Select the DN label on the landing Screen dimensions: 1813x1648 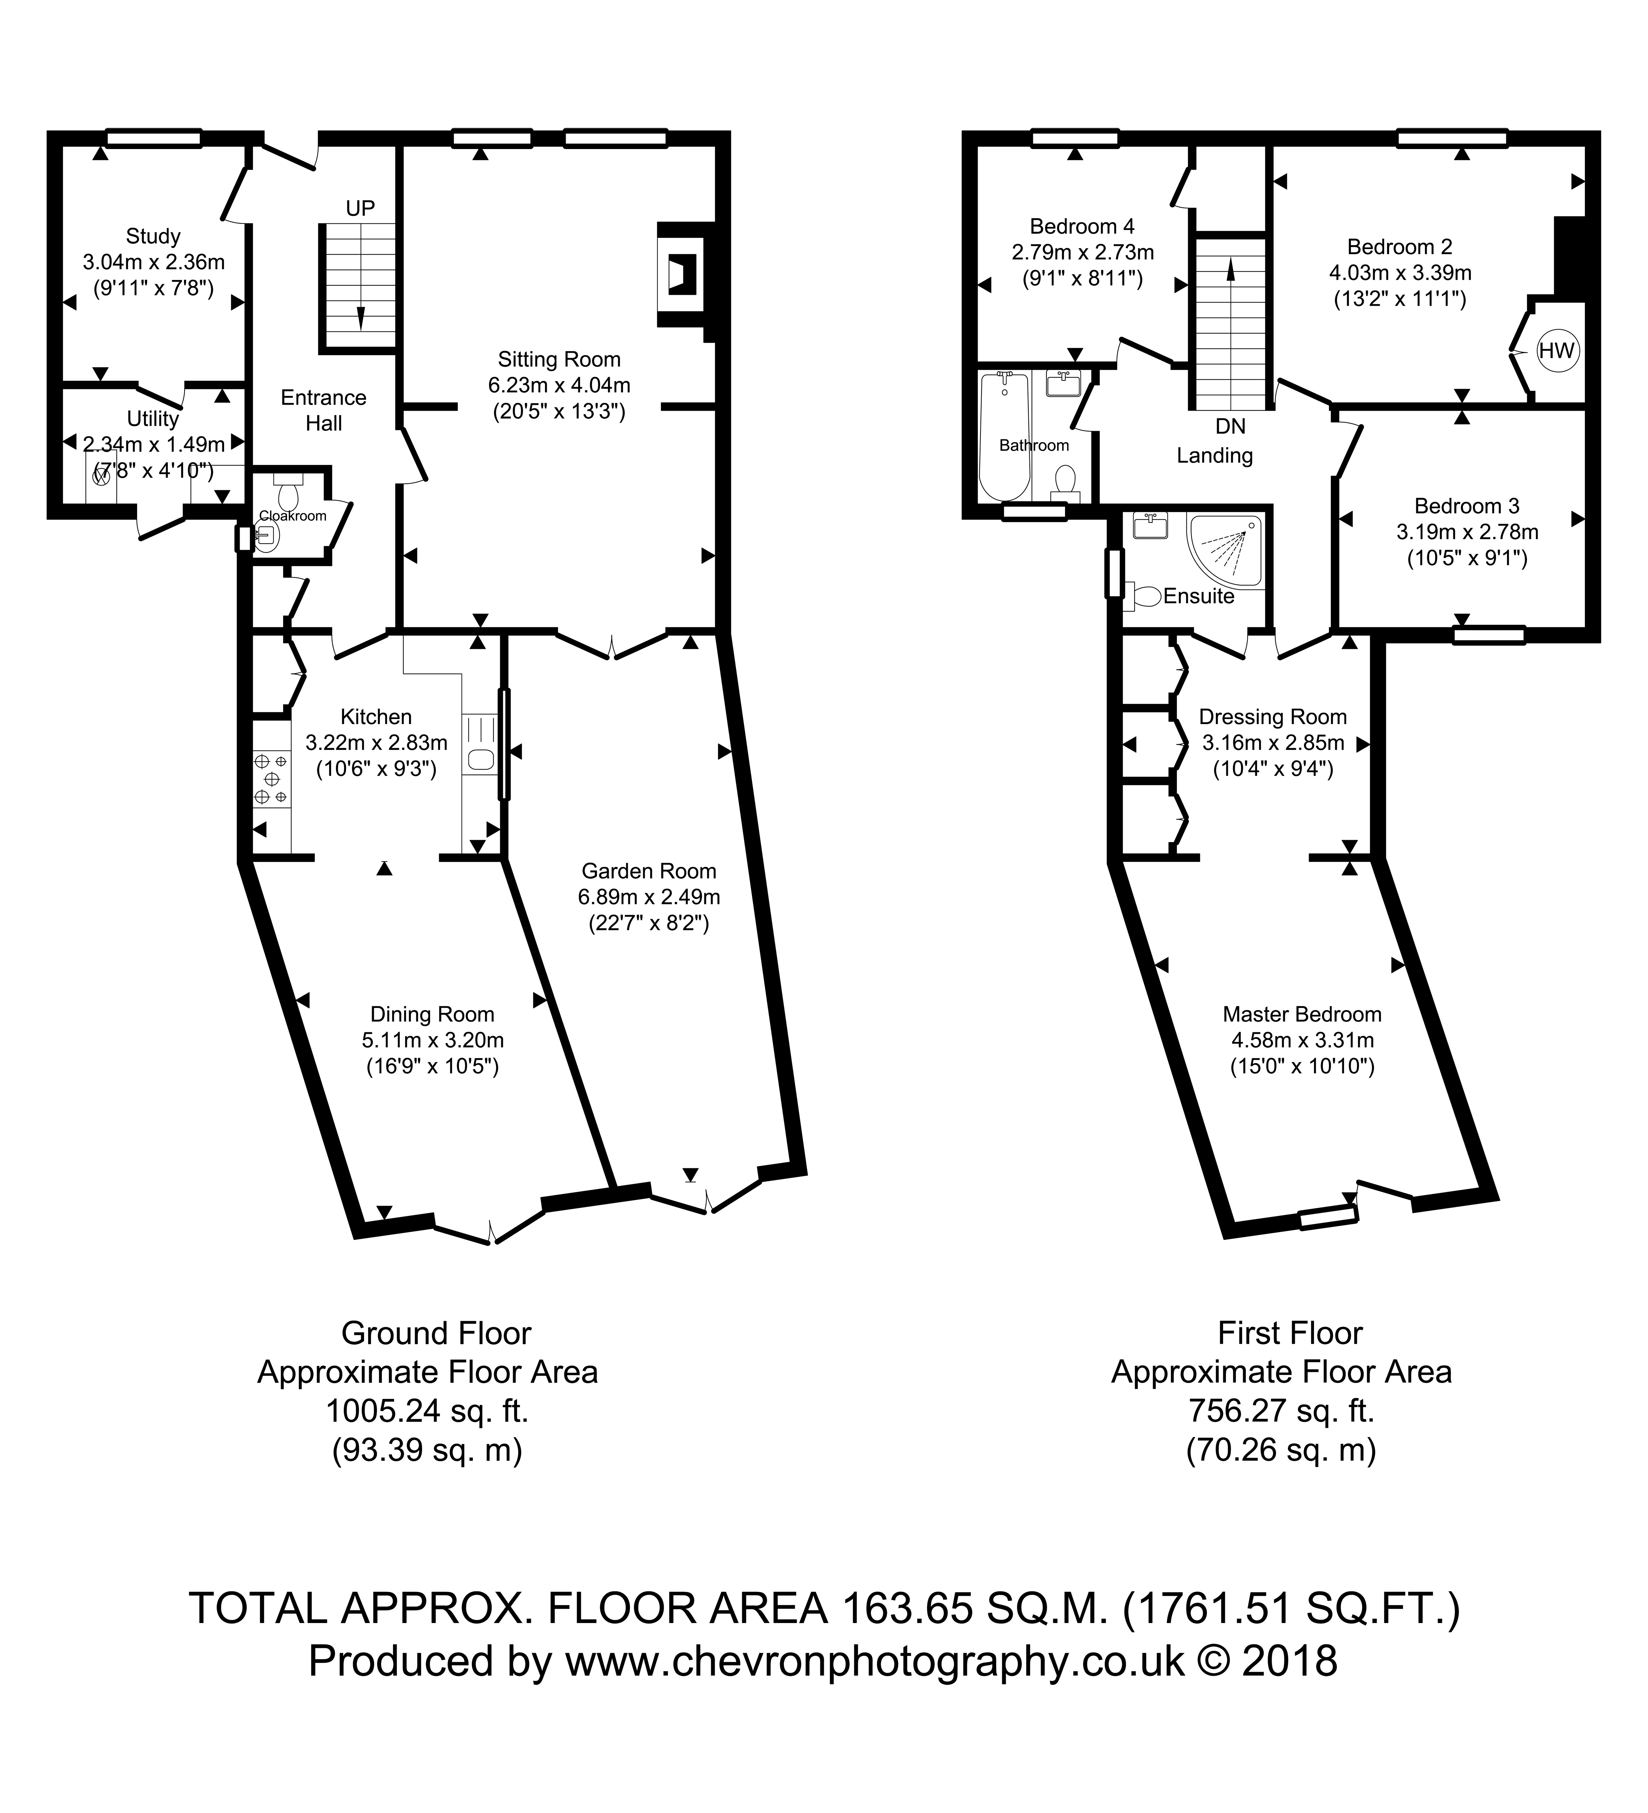(1230, 426)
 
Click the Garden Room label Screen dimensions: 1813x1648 (648, 871)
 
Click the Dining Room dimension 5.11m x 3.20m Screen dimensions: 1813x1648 (433, 1041)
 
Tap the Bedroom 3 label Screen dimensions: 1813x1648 (1466, 505)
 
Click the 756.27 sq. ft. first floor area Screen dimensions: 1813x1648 (1281, 1411)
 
